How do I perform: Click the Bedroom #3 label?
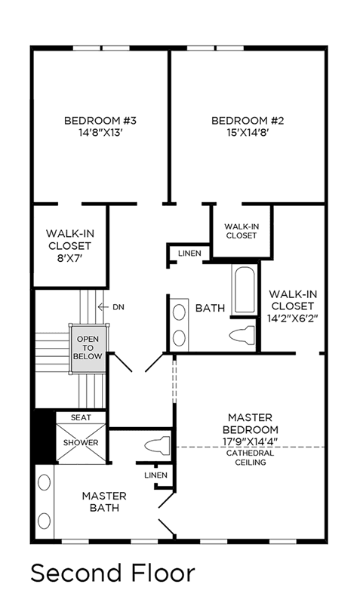coord(100,121)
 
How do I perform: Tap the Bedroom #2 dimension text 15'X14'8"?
coord(247,133)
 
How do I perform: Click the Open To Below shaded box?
coord(88,348)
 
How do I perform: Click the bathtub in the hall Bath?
coord(245,290)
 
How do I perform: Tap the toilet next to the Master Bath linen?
coord(157,445)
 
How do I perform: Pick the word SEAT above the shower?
coord(81,418)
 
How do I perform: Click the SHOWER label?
coord(81,443)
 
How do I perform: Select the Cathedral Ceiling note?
coord(251,458)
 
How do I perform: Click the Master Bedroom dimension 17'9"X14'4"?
coord(251,441)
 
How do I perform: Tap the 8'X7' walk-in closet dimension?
coord(70,258)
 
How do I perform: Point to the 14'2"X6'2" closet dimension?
coord(293,318)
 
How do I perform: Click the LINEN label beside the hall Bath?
coord(189,254)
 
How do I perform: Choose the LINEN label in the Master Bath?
coord(155,475)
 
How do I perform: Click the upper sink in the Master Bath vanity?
coord(45,482)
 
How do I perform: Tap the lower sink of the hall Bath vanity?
coord(179,338)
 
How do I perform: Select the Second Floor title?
coord(112,573)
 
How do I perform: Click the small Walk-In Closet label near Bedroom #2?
coord(242,231)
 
